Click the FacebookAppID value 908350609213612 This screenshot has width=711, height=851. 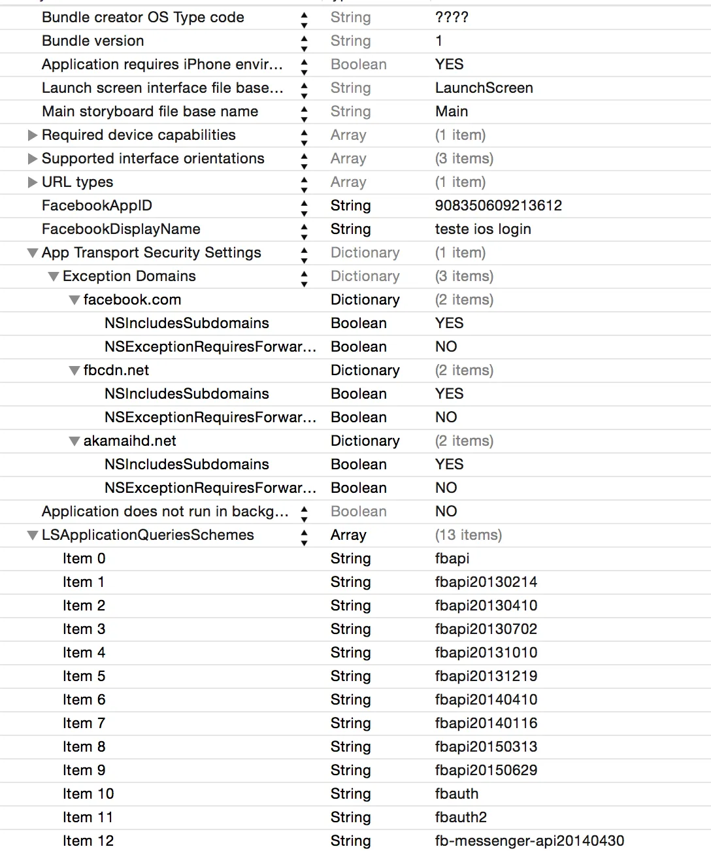pos(498,205)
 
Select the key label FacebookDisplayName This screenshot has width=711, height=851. pos(121,229)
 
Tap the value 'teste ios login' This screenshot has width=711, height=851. pos(483,229)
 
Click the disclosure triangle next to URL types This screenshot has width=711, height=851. pos(32,182)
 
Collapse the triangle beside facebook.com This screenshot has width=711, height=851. pos(74,300)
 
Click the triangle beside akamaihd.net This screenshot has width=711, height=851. pos(74,441)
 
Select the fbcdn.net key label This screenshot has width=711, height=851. pos(116,370)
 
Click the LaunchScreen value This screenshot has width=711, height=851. pos(484,88)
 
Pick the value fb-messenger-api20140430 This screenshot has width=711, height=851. pos(529,841)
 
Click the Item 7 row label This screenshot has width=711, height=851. pos(84,723)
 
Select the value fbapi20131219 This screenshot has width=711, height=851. pos(486,676)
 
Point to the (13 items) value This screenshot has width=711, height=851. pos(469,535)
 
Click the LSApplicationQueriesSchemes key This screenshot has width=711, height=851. pos(148,535)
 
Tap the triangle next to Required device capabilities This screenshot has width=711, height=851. pos(32,135)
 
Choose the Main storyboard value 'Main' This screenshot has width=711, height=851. pos(452,111)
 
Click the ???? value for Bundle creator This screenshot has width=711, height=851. pos(452,17)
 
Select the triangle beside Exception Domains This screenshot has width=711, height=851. pos(54,276)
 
